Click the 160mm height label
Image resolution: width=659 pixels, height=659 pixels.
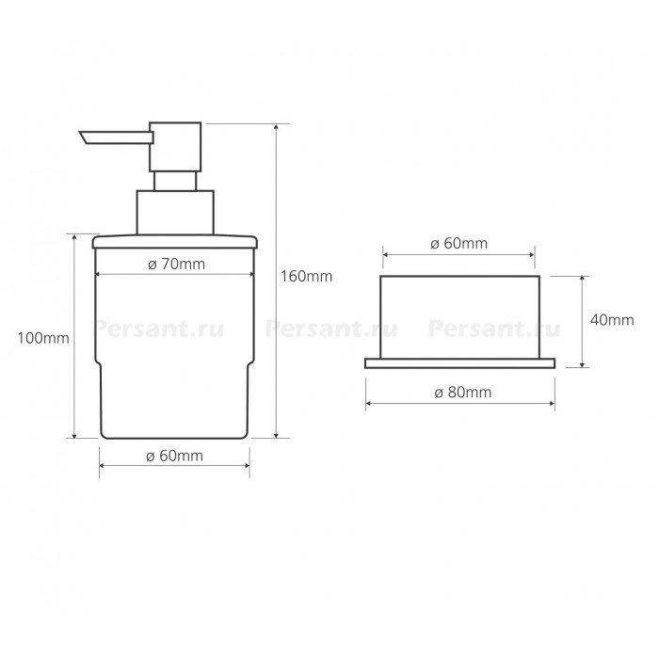306,276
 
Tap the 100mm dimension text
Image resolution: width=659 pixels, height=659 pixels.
43,338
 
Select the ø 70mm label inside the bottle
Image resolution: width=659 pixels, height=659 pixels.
177,264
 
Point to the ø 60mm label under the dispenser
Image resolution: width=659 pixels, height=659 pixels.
174,456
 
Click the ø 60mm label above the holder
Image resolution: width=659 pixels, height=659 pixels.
459,243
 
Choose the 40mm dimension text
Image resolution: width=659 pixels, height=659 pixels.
612,320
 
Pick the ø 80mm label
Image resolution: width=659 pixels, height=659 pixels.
463,393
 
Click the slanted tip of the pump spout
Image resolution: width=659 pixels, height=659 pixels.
84,137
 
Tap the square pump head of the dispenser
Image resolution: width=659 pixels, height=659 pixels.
175,147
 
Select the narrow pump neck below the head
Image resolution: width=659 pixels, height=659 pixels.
175,181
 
